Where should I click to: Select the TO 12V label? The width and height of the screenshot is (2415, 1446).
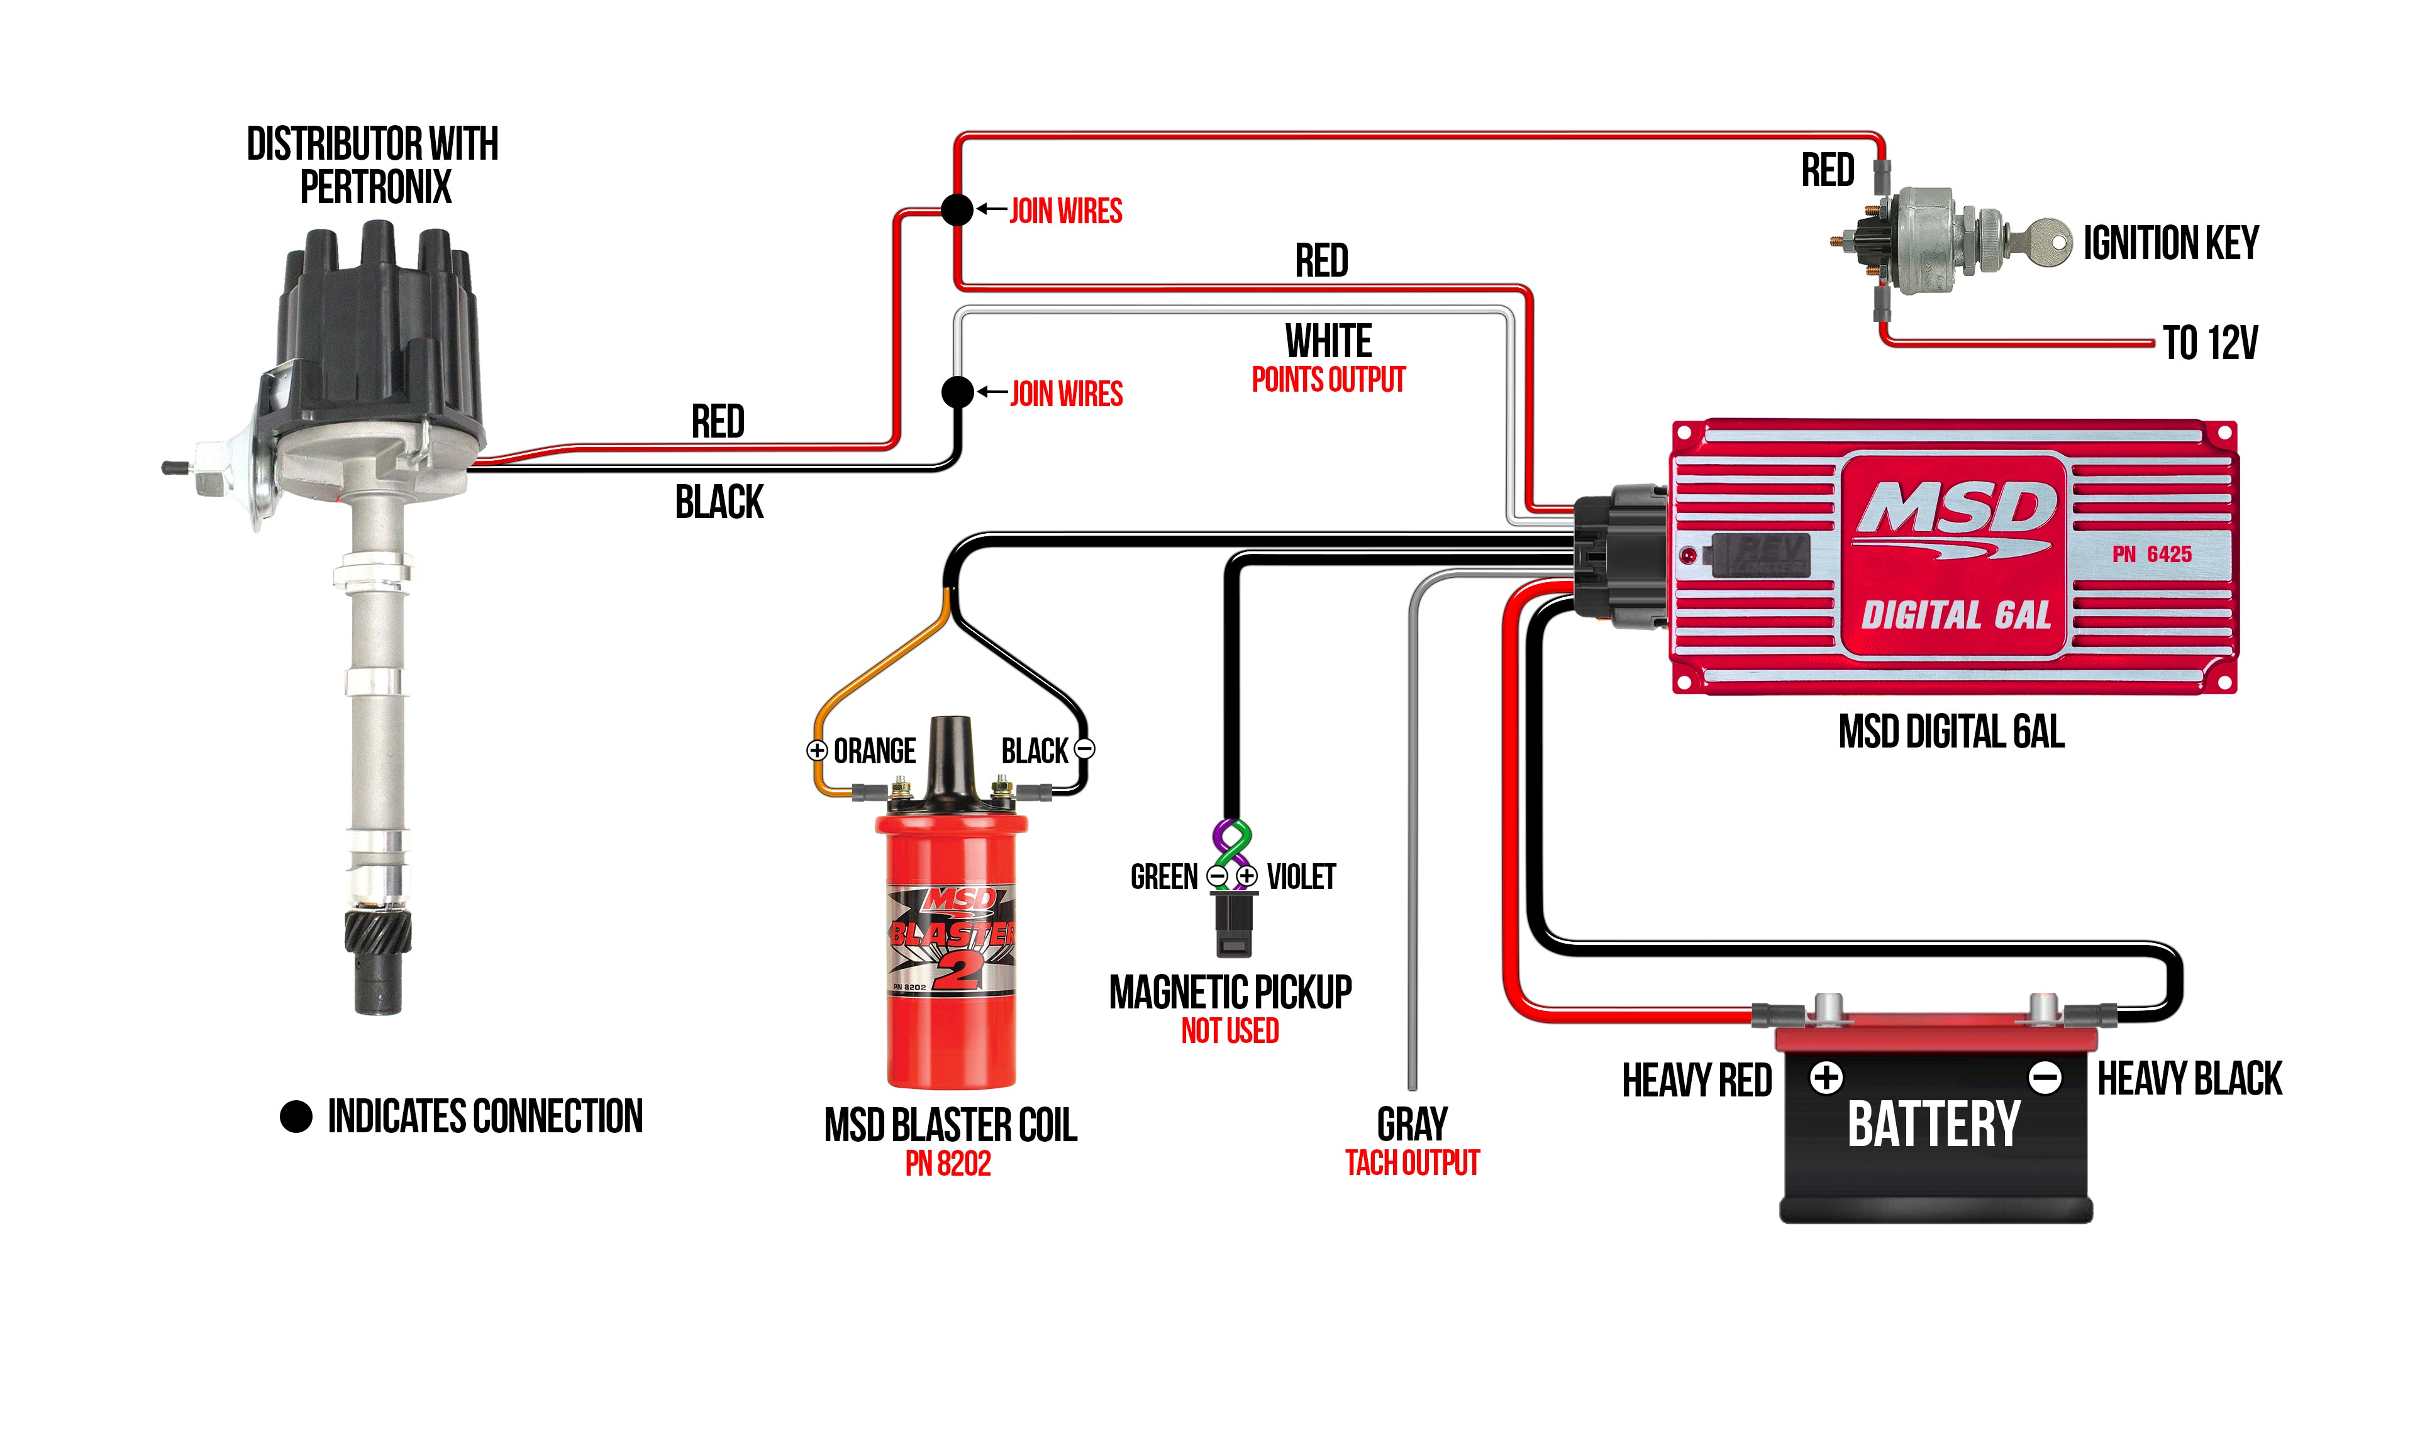pyautogui.click(x=2209, y=343)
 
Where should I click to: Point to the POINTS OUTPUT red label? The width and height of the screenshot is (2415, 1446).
pyautogui.click(x=1328, y=379)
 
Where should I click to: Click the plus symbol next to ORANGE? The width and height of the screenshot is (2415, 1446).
pyautogui.click(x=817, y=750)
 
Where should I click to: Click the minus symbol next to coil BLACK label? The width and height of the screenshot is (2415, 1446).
pyautogui.click(x=1084, y=749)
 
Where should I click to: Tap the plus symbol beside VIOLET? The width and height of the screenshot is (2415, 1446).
pyautogui.click(x=1246, y=876)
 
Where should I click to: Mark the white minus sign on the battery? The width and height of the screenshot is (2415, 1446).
pyautogui.click(x=2044, y=1078)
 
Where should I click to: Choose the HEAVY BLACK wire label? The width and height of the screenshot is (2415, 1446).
pyautogui.click(x=2189, y=1079)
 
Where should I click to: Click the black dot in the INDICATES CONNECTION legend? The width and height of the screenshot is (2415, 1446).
pyautogui.click(x=296, y=1117)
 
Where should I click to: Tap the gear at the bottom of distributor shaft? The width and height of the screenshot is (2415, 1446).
pyautogui.click(x=377, y=932)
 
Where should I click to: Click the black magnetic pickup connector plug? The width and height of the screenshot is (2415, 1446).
pyautogui.click(x=1233, y=924)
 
